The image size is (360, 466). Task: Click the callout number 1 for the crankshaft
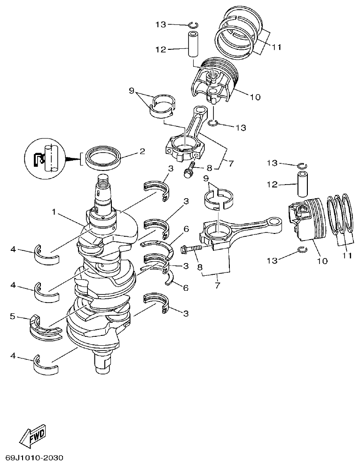(55, 212)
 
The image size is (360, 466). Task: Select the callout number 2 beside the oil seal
(142, 152)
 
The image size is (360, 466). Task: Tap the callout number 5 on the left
(13, 316)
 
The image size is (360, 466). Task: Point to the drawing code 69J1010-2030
(34, 457)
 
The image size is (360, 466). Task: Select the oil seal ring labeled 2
(103, 157)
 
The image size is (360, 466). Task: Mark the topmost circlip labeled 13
(194, 24)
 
